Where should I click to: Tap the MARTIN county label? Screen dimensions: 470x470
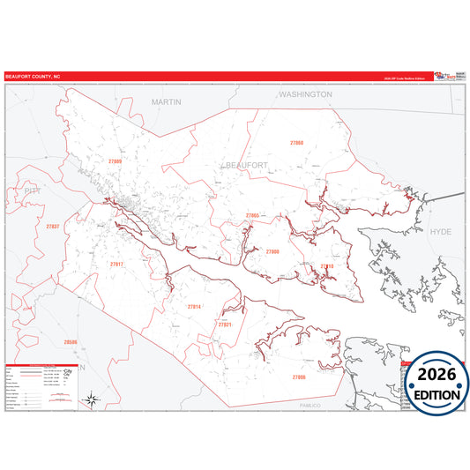[x=166, y=101]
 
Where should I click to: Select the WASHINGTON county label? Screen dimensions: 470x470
[x=305, y=93]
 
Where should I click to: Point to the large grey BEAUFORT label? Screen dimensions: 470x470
[x=245, y=165]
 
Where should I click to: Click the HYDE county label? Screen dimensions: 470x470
[x=440, y=231]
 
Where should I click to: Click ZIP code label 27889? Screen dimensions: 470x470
[x=116, y=162]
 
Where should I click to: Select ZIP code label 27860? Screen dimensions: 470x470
[x=297, y=142]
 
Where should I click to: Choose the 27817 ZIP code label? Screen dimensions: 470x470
[x=117, y=264]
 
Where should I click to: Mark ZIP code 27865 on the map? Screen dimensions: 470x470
[x=252, y=215]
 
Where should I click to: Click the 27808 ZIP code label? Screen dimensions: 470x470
[x=272, y=251]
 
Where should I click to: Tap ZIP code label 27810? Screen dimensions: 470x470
[x=327, y=265]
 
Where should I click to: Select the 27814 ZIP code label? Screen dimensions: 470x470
[x=195, y=306]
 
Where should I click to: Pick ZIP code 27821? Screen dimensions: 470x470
[x=225, y=325]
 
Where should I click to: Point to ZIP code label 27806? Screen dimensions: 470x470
[x=299, y=377]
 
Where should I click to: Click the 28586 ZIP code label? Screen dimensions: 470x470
[x=71, y=341]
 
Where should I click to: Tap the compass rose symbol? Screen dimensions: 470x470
[x=91, y=400]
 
